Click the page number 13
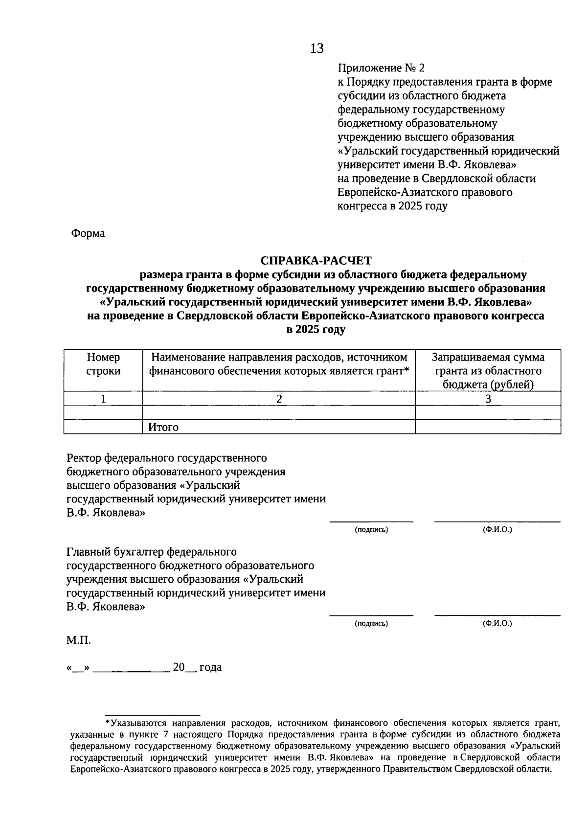pyautogui.click(x=316, y=48)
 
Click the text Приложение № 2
pyautogui.click(x=382, y=68)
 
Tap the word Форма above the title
pyautogui.click(x=88, y=233)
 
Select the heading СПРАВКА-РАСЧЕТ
pyautogui.click(x=316, y=261)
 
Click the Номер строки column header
pyautogui.click(x=103, y=364)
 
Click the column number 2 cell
pyautogui.click(x=279, y=399)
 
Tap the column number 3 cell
pyautogui.click(x=488, y=399)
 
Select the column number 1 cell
pyautogui.click(x=103, y=399)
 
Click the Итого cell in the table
pyautogui.click(x=164, y=427)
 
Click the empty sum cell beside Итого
pyautogui.click(x=488, y=427)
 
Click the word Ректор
pyautogui.click(x=84, y=458)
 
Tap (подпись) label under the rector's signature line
pyautogui.click(x=371, y=530)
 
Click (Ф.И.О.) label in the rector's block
pyautogui.click(x=497, y=530)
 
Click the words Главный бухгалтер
pyautogui.click(x=115, y=552)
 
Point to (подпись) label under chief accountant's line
pyautogui.click(x=371, y=623)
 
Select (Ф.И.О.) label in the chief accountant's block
pyautogui.click(x=497, y=623)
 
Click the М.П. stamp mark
pyautogui.click(x=78, y=640)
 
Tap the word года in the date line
pyautogui.click(x=210, y=667)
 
